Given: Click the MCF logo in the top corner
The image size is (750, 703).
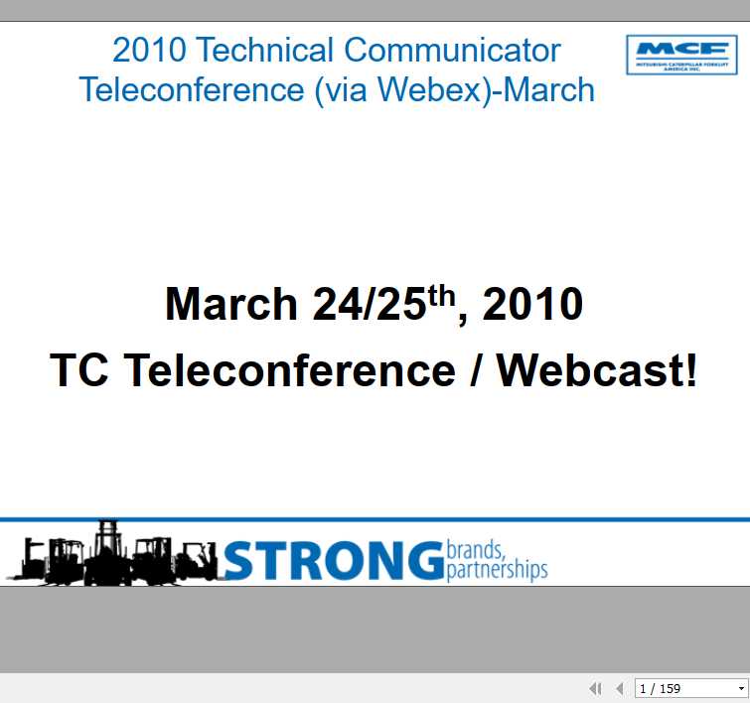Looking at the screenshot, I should click(x=680, y=55).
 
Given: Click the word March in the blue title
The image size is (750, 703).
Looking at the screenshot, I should click(x=549, y=89).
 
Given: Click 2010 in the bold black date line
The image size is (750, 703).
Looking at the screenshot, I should click(x=532, y=304).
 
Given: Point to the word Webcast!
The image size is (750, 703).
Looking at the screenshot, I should click(x=598, y=371).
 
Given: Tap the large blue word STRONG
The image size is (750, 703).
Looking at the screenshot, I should click(x=333, y=561).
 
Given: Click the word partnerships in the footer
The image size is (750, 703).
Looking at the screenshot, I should click(x=497, y=571).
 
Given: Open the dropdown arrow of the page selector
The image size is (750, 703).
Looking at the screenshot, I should click(x=741, y=688).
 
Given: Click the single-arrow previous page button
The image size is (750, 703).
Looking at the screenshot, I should click(x=620, y=688).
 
